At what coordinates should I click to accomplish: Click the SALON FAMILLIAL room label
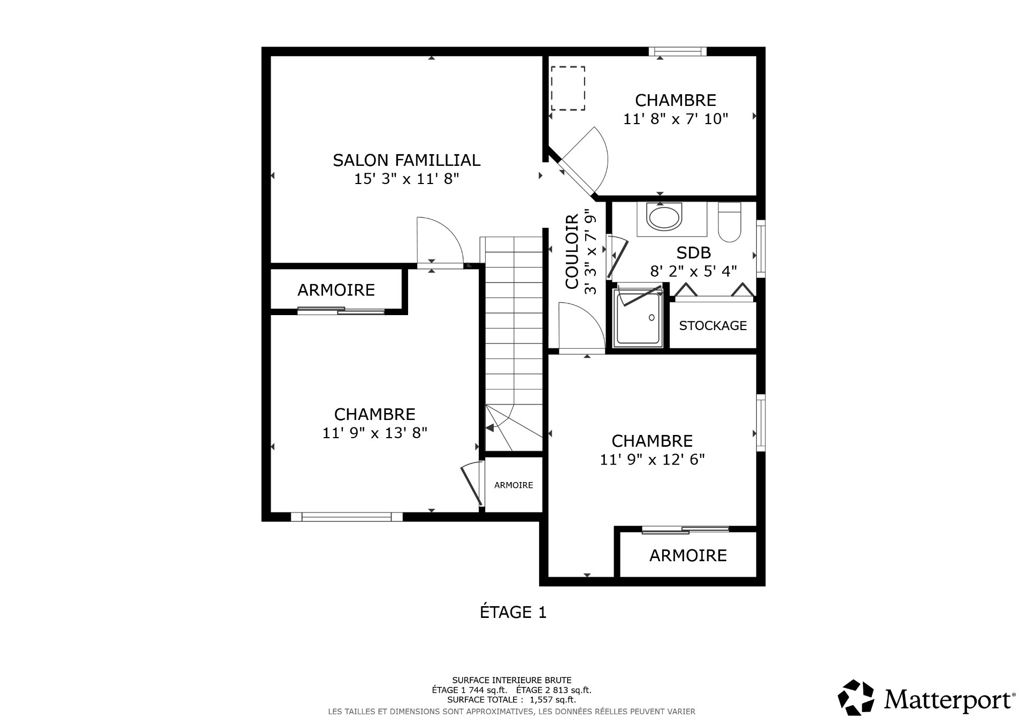[x=407, y=160]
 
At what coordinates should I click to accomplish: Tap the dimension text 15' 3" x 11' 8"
[x=407, y=179]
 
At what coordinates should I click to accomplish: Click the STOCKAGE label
[x=712, y=325]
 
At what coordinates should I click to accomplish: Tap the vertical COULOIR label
[x=572, y=251]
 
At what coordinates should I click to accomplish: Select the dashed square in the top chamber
[x=568, y=88]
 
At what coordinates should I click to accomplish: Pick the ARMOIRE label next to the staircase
[x=513, y=485]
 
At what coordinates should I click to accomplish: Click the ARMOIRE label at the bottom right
[x=688, y=555]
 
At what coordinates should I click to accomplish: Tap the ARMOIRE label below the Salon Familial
[x=336, y=290]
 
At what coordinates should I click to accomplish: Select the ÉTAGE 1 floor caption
[x=513, y=612]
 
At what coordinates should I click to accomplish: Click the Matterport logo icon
[x=856, y=697]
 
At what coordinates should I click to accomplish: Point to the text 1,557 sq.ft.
[x=551, y=699]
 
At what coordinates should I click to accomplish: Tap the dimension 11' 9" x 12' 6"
[x=652, y=460]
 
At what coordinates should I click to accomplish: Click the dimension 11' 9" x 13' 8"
[x=374, y=433]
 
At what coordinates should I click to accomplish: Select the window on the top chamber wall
[x=678, y=51]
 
